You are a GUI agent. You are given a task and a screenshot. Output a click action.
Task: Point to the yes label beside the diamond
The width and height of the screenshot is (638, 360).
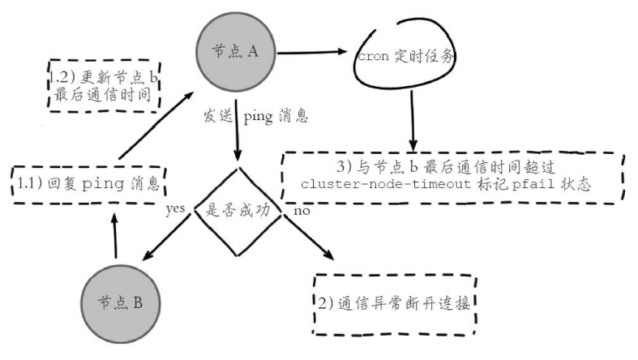[x=176, y=208]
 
